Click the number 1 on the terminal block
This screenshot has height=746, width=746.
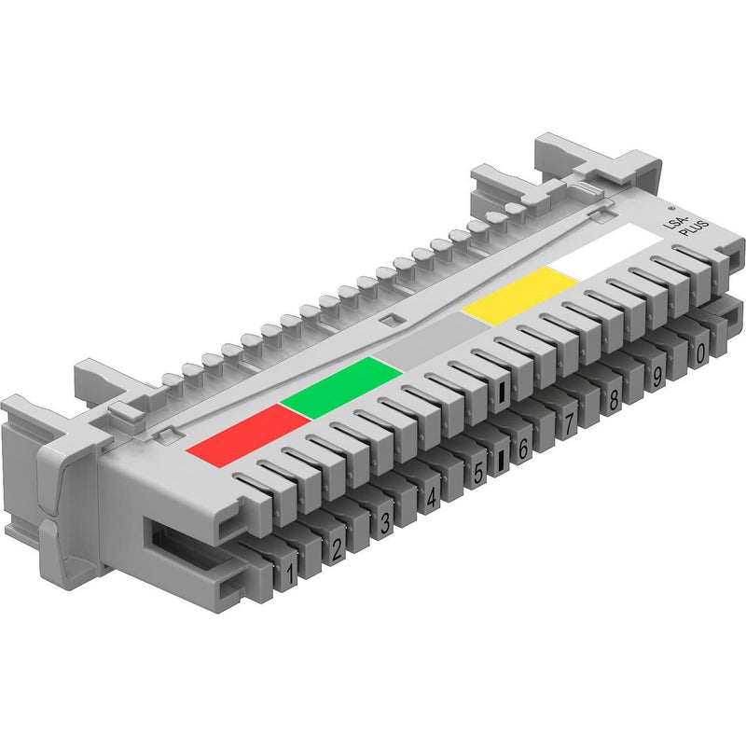point(290,574)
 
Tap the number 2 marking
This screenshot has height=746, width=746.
point(337,549)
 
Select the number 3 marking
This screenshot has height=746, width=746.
point(385,522)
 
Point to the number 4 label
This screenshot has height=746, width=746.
point(431,498)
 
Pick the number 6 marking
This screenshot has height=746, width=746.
point(523,448)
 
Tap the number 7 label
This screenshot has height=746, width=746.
point(569,422)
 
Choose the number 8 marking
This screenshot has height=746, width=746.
point(614,399)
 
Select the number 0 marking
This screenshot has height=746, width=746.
point(700,353)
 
